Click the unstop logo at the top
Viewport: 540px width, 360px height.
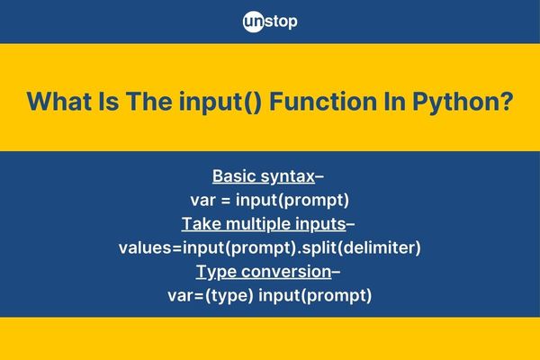tap(270, 22)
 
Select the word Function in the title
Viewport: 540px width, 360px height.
tap(323, 102)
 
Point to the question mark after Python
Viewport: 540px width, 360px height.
tap(504, 102)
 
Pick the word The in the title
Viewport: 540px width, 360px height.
tap(148, 102)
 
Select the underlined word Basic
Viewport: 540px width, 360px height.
tap(233, 176)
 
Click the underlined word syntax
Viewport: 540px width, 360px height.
tap(288, 177)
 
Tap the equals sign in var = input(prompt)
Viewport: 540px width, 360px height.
tap(226, 201)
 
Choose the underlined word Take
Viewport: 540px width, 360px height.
tap(202, 224)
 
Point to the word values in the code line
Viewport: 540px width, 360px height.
tap(145, 248)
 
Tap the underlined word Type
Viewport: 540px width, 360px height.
tap(216, 273)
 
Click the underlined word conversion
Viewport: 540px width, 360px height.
tap(286, 272)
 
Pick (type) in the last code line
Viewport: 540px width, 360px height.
tap(229, 296)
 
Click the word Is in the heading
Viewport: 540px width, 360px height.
tap(109, 102)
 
